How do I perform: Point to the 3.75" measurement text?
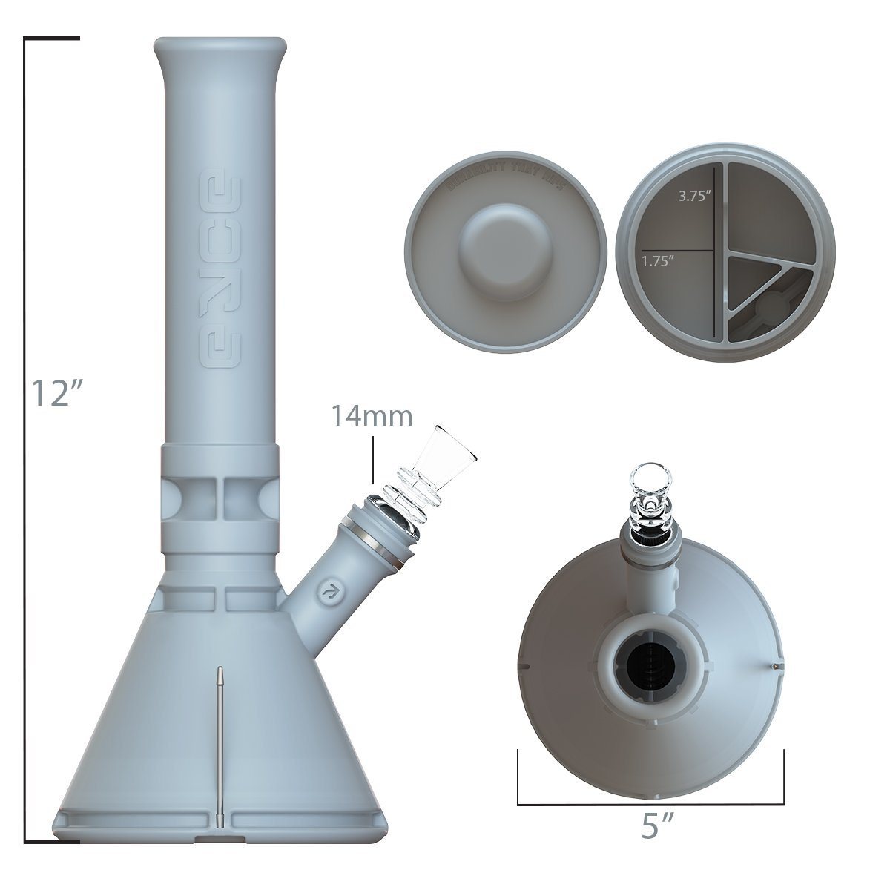coord(696,198)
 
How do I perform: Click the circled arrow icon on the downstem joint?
coord(326,591)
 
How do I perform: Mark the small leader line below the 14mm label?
coord(372,460)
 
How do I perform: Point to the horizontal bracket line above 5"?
coord(650,804)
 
